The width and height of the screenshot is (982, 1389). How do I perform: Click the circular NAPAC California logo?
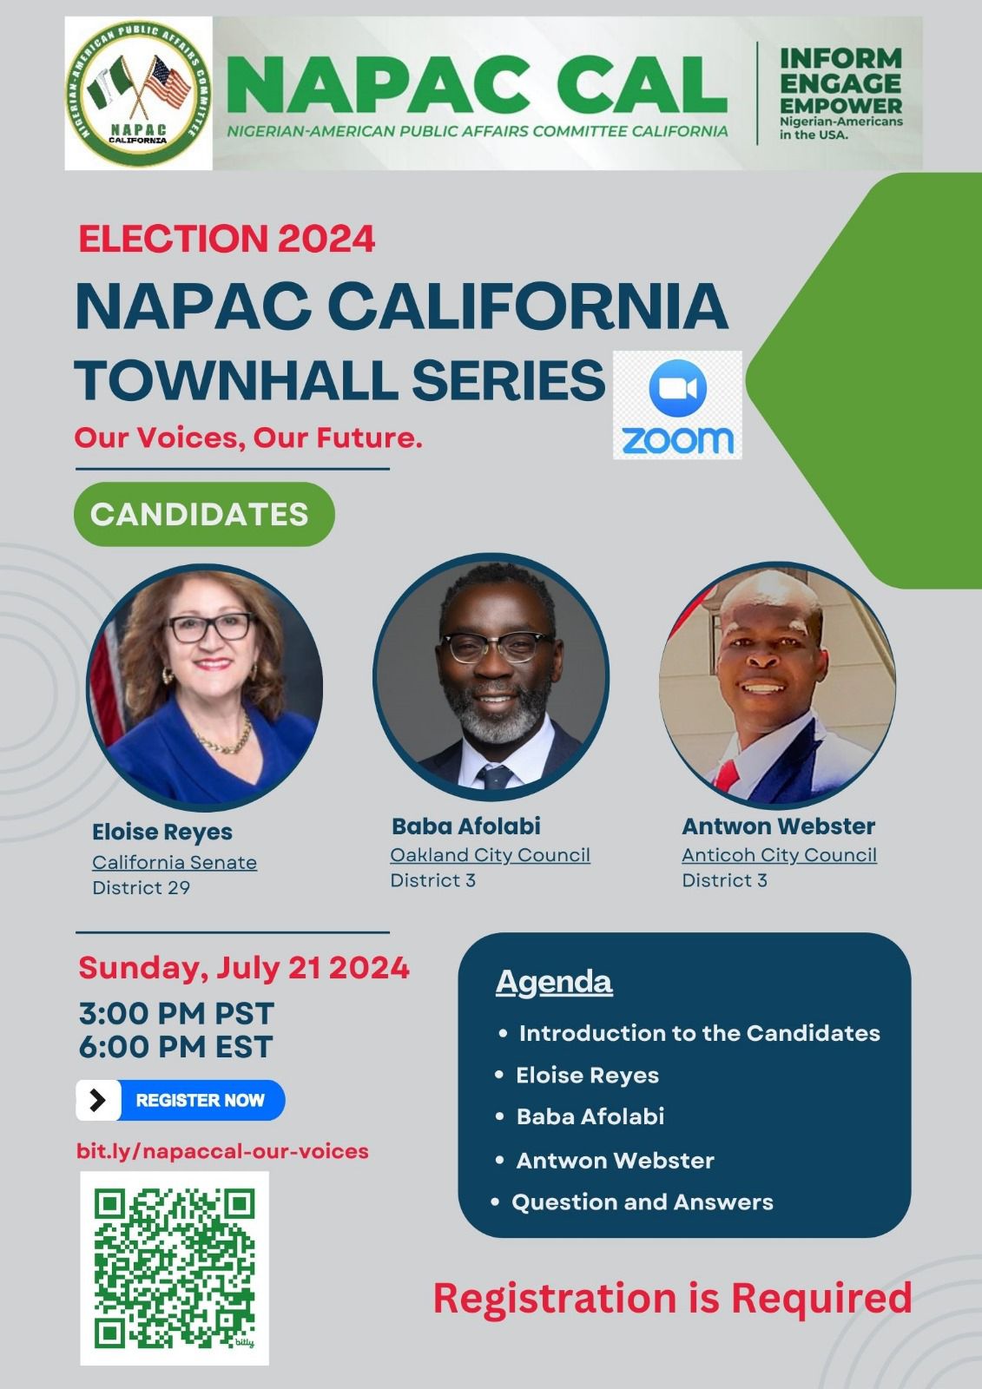(138, 93)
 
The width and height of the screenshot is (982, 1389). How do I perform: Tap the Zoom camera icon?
(677, 387)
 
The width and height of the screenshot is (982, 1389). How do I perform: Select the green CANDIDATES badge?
(204, 514)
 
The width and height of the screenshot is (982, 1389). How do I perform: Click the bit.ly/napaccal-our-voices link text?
(222, 1151)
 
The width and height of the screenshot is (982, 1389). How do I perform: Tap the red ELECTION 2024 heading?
(227, 239)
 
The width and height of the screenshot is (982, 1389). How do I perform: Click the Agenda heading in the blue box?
(554, 983)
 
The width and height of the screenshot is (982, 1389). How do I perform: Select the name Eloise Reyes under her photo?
(161, 833)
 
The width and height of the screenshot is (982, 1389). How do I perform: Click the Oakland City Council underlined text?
(490, 855)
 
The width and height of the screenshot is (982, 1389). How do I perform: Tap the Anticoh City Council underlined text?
(779, 855)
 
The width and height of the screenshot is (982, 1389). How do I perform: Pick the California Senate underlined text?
(175, 863)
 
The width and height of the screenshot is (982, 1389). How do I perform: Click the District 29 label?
(141, 887)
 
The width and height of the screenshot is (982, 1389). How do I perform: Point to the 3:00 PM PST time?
(176, 1014)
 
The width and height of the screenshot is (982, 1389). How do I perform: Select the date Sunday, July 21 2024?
(244, 967)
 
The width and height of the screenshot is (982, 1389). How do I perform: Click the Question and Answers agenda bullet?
(642, 1202)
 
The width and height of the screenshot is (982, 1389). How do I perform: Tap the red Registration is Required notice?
(672, 1297)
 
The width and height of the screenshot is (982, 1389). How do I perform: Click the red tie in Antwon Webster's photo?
(728, 773)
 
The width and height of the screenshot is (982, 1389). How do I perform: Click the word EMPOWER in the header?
(840, 105)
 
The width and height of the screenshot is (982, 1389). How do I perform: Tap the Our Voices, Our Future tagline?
(248, 438)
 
